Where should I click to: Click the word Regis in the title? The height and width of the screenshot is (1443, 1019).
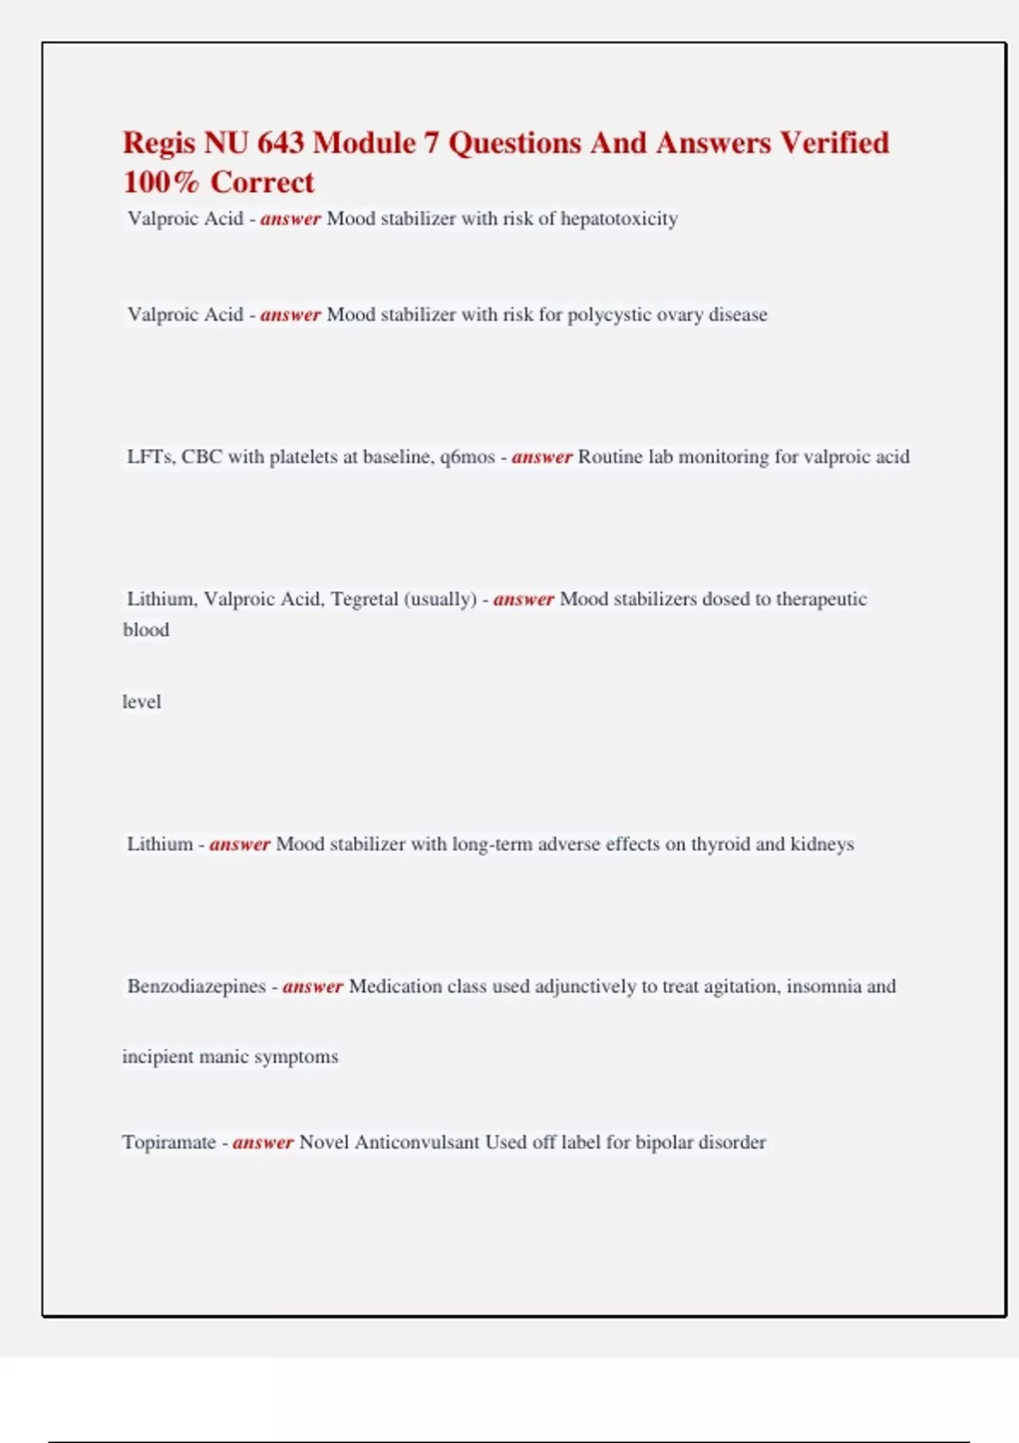pos(159,143)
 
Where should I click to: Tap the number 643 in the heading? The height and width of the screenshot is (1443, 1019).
pos(280,143)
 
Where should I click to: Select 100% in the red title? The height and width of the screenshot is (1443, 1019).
pos(160,182)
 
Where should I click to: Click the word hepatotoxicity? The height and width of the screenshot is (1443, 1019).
pos(619,219)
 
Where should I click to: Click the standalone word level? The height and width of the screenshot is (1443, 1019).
pos(142,702)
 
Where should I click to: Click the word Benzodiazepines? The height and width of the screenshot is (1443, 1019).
pos(196,986)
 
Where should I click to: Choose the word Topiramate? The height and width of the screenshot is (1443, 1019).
pos(169,1143)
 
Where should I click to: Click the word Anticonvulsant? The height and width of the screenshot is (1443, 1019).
pos(417,1143)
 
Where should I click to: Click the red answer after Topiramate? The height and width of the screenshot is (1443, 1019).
pos(263,1143)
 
